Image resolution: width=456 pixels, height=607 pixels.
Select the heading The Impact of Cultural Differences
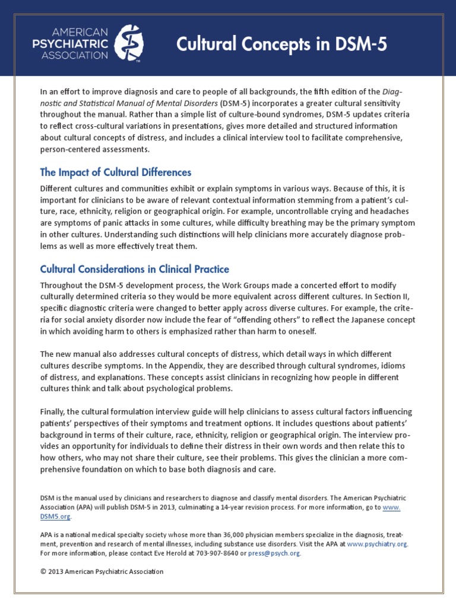click(115, 172)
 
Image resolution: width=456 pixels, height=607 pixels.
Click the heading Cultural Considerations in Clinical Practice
click(134, 269)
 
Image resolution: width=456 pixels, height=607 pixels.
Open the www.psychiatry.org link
click(378, 543)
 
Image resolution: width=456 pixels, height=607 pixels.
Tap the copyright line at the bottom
click(102, 571)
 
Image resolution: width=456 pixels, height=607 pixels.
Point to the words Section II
click(397, 296)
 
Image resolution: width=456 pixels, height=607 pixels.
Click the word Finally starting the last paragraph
click(53, 411)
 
